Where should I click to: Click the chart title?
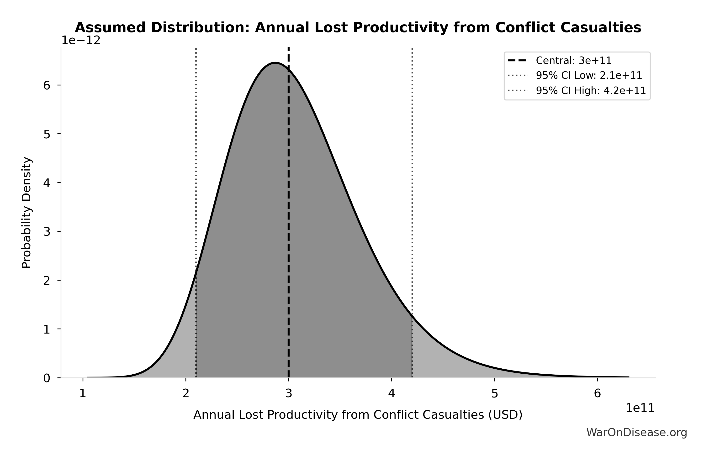click(x=358, y=28)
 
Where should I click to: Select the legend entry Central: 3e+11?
click(x=573, y=61)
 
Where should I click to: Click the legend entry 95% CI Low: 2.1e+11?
click(x=589, y=76)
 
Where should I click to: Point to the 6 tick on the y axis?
click(x=47, y=85)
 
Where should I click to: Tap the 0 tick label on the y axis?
click(x=47, y=378)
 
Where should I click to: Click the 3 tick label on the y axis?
click(x=47, y=232)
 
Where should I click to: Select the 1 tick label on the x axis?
click(x=83, y=394)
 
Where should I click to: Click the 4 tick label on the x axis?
click(x=392, y=394)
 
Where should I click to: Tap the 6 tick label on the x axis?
click(x=597, y=394)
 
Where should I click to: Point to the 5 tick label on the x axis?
click(x=495, y=394)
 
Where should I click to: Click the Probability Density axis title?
click(x=26, y=213)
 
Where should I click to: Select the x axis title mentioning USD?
click(x=358, y=415)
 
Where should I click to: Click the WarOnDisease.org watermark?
click(x=637, y=433)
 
